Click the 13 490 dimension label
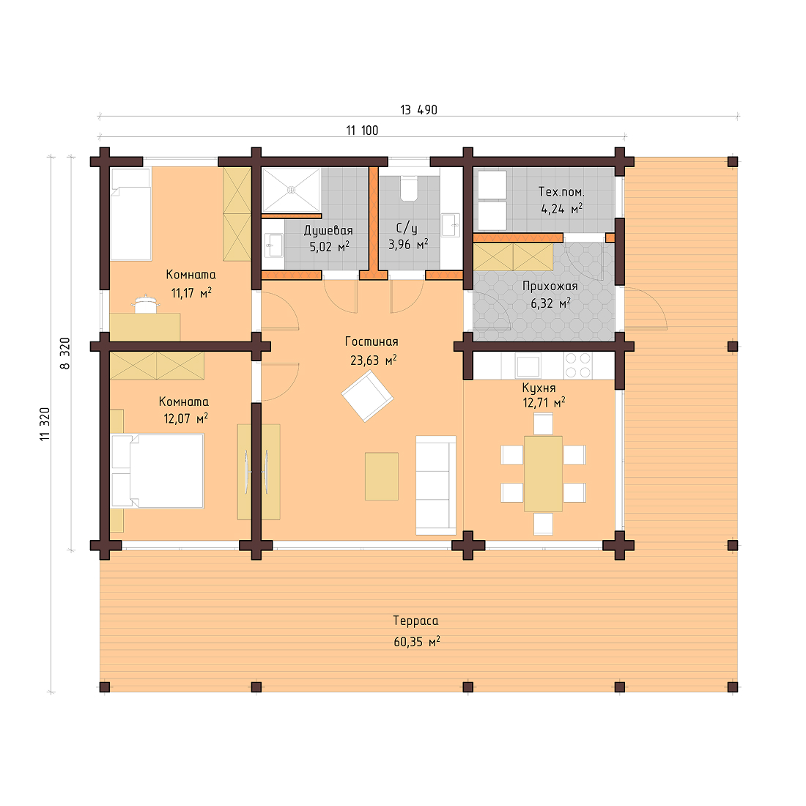tap(418, 110)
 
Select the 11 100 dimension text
tap(362, 130)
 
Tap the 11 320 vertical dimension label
tap(45, 424)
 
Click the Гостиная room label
tap(371, 341)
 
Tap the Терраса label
tap(415, 621)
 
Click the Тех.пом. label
tap(561, 191)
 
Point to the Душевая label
tap(328, 230)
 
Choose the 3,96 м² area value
tap(408, 244)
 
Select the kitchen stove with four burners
tap(577, 365)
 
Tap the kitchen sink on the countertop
tap(528, 364)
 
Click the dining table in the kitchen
tap(543, 473)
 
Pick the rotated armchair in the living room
tap(367, 396)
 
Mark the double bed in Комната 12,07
tap(157, 470)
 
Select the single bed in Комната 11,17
tap(130, 213)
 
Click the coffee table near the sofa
tap(382, 476)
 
